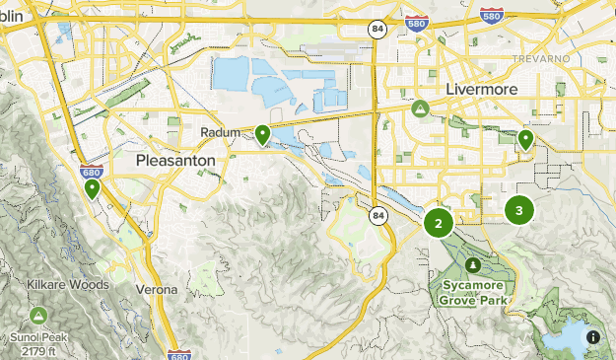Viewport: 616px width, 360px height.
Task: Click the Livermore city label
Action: point(481,89)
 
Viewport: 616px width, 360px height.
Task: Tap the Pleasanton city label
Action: point(175,159)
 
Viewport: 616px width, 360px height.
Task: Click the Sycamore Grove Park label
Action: point(473,291)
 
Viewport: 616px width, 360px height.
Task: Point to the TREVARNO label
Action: point(541,59)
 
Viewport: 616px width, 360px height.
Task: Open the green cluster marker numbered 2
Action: point(439,223)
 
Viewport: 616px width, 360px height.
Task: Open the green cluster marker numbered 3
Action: point(519,209)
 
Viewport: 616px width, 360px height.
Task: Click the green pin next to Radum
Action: point(262,134)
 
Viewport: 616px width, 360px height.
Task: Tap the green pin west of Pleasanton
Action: point(92,186)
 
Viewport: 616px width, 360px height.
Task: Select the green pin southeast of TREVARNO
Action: point(526,139)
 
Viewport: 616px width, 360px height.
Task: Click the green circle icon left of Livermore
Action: point(421,108)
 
